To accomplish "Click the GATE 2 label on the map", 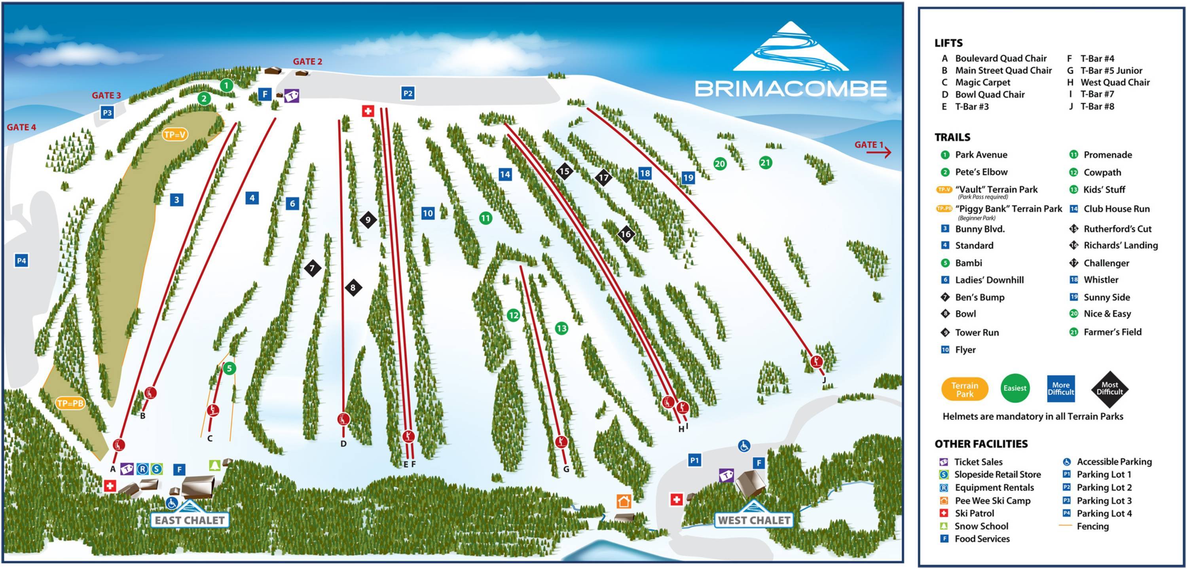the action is tap(307, 61).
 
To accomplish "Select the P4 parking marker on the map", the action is tap(21, 261).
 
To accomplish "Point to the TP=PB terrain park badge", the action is tap(70, 403).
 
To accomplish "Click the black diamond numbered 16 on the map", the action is tap(625, 234).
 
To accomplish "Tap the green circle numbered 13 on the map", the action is tap(561, 328).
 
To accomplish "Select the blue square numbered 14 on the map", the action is tap(504, 174).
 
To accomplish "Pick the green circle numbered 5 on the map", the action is tap(229, 368).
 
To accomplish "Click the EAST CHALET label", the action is tap(190, 520).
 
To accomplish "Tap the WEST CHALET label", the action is tap(754, 520).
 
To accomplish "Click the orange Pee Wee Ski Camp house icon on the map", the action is tap(624, 501).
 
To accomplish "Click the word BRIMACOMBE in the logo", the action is tap(790, 89).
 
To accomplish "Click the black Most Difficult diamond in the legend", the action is tap(1109, 389).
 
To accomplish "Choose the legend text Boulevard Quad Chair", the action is tap(1000, 59).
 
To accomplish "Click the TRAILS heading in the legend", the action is tap(952, 137).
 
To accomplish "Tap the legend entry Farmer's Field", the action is tap(1112, 332).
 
